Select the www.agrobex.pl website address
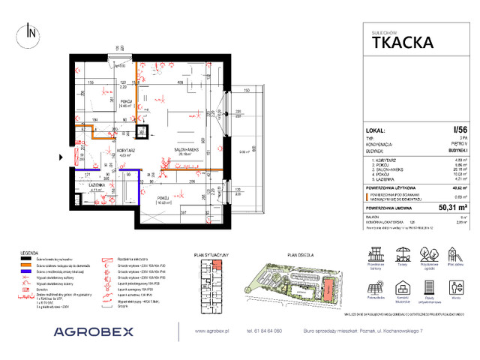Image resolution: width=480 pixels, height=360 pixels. click(x=212, y=330)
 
